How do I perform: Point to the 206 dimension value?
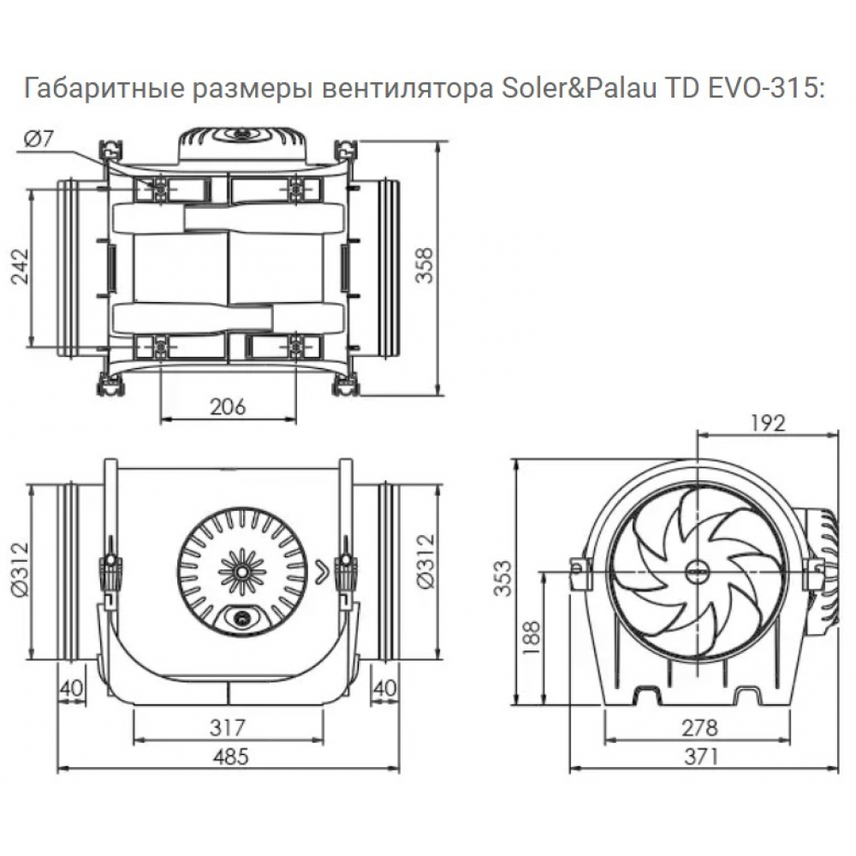228,407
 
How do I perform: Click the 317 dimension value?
228,728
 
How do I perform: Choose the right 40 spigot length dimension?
387,687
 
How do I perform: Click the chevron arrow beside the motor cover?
321,568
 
